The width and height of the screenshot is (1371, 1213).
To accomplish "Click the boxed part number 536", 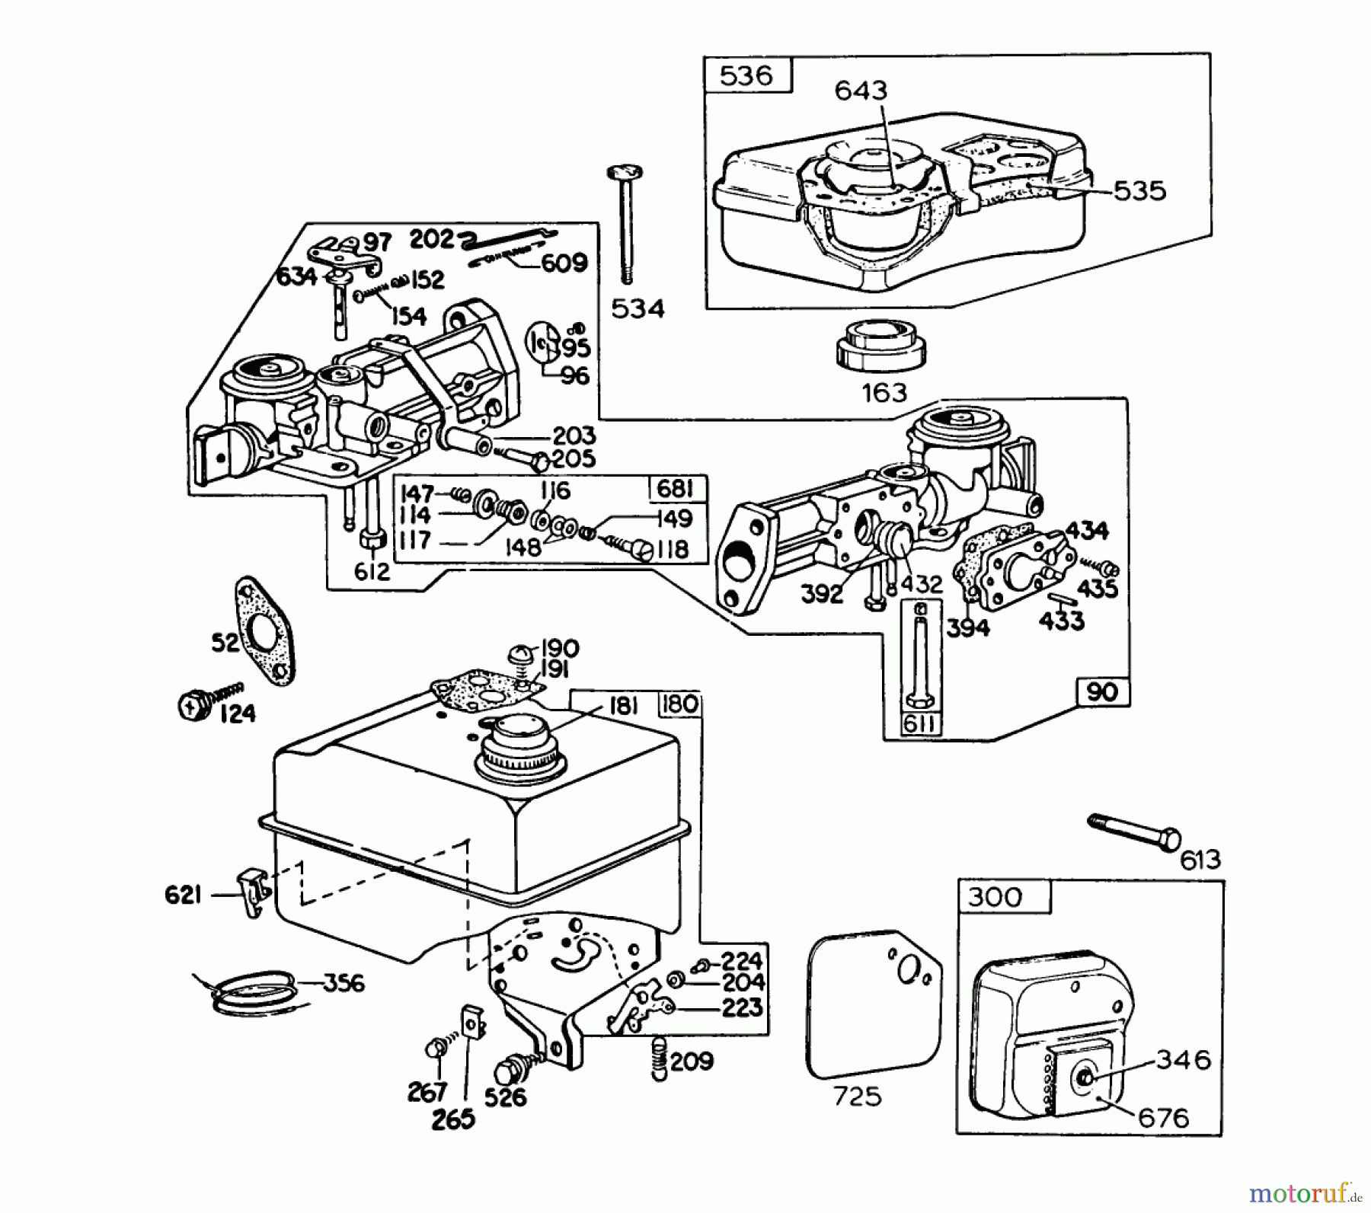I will coord(746,75).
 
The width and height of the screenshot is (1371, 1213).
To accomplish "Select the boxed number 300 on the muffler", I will coord(995,897).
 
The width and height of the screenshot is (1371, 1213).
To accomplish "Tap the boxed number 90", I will coord(1103,691).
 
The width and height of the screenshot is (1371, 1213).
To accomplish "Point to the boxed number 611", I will coord(919,723).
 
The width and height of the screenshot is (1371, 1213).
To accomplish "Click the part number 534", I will coord(638,308).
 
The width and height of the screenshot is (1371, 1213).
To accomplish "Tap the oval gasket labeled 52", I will coord(266,629).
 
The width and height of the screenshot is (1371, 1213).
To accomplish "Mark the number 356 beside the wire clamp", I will coord(344,982).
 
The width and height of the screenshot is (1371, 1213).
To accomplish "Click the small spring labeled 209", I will coord(660,1059).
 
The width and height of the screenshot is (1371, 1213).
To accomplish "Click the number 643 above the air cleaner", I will coord(861,91).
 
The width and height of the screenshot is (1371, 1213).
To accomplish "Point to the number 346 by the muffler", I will coord(1184,1059).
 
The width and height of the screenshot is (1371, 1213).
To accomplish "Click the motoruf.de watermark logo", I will coord(1305,1191).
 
